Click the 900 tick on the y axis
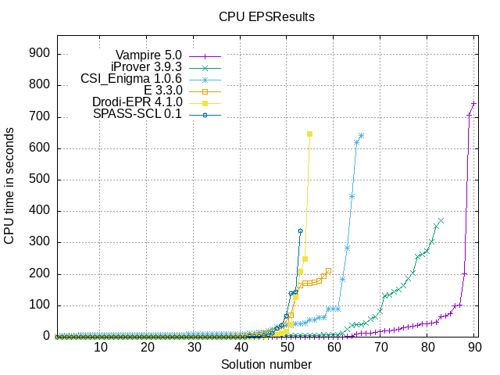click(x=40, y=54)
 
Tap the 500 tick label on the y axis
click(x=40, y=180)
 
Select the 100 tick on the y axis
click(x=40, y=305)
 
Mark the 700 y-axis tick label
click(x=40, y=117)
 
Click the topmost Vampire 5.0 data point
click(x=473, y=104)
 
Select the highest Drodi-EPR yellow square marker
click(x=310, y=134)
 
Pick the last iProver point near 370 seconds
click(x=441, y=220)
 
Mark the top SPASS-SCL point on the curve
click(x=301, y=230)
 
